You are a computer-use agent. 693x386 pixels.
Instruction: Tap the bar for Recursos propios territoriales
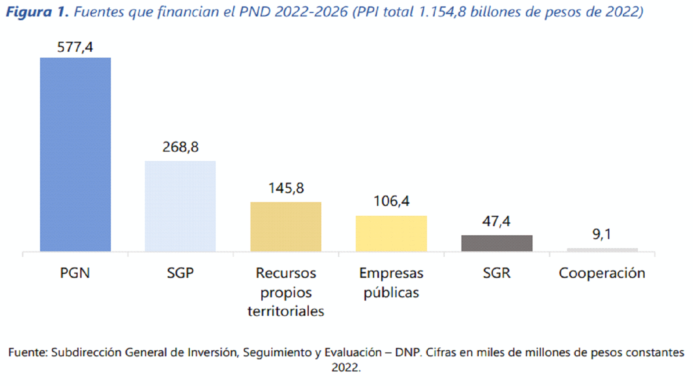click(286, 227)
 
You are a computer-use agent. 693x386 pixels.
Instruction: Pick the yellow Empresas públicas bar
click(391, 233)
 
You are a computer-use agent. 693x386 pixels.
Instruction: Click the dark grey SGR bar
click(497, 243)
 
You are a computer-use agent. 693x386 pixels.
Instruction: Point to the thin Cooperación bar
click(602, 250)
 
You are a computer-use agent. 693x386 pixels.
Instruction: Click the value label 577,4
click(75, 47)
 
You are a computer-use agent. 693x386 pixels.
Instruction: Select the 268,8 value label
click(180, 147)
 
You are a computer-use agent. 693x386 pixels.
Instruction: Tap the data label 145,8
click(286, 188)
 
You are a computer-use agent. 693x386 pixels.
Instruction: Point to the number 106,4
click(391, 201)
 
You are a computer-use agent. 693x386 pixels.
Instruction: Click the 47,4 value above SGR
click(496, 221)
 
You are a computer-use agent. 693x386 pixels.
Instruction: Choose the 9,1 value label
click(602, 234)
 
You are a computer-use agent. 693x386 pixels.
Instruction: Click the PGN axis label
click(75, 273)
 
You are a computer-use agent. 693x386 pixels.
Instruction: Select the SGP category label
click(180, 273)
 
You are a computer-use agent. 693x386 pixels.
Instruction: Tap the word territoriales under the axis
click(285, 311)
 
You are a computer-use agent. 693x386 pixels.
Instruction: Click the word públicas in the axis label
click(391, 293)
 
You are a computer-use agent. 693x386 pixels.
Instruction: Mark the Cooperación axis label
click(602, 273)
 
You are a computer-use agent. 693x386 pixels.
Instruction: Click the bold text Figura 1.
click(37, 12)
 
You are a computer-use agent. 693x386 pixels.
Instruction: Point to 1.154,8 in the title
click(442, 12)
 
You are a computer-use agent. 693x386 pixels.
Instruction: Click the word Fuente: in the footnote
click(28, 352)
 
